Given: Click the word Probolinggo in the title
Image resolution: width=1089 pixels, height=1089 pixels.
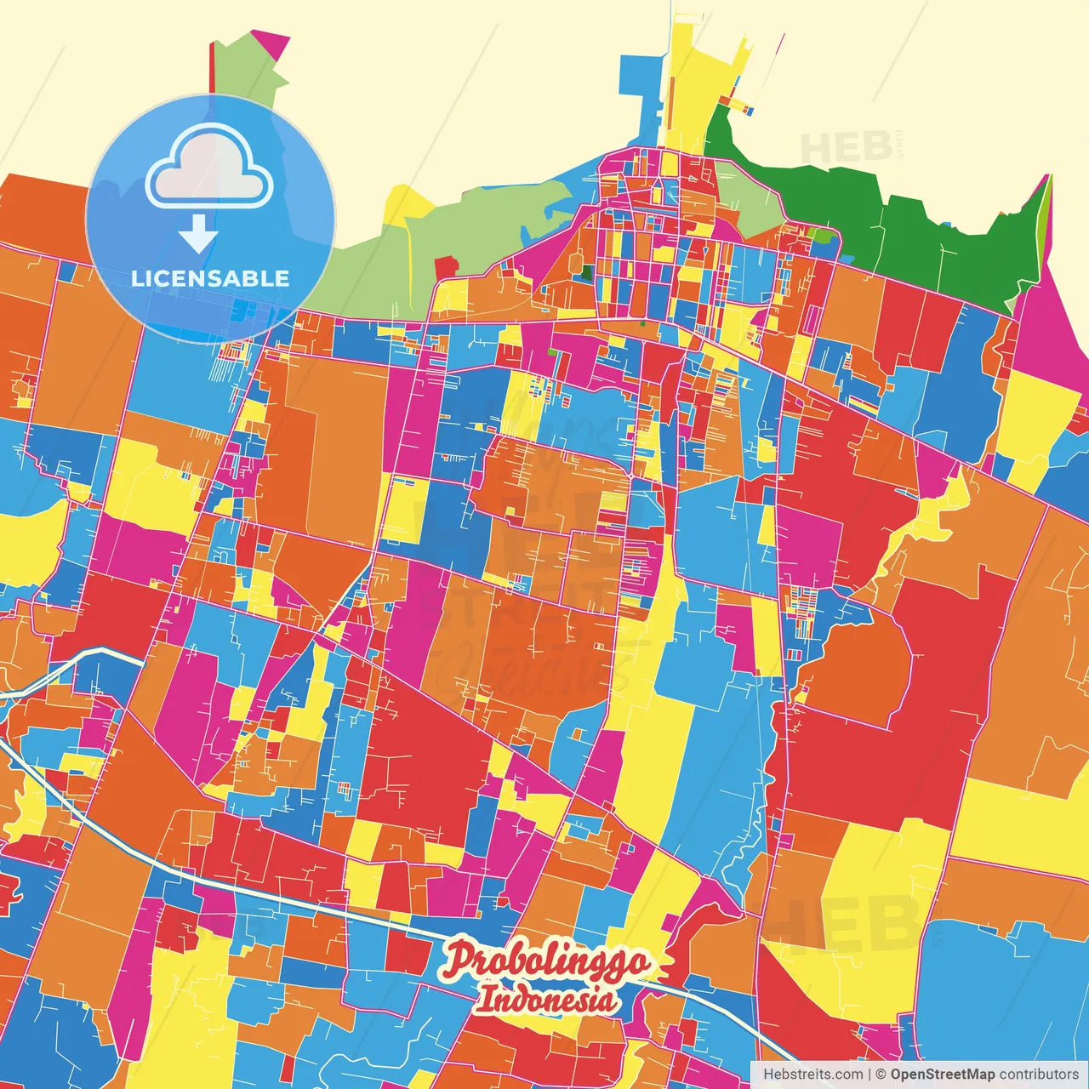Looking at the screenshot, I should click(x=546, y=961).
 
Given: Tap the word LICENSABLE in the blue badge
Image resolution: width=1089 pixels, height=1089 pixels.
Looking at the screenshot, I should click(x=210, y=278).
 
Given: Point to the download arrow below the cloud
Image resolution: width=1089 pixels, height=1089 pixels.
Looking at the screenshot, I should click(x=199, y=234).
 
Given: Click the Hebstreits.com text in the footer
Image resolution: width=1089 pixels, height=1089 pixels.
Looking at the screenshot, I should click(x=812, y=1075).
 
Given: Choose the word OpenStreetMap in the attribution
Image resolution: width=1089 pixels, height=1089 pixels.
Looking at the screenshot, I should click(x=943, y=1075).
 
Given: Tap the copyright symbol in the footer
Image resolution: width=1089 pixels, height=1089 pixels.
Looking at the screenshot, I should click(x=881, y=1075).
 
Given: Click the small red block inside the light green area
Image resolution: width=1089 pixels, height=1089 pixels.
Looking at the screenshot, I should click(x=446, y=267).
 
